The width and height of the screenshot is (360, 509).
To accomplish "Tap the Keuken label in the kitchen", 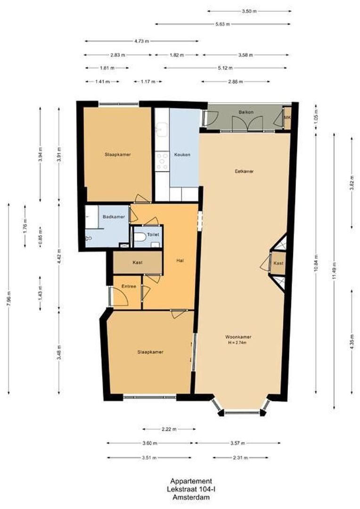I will tap(182, 155).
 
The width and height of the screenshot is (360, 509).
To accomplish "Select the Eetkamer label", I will tap(244, 172).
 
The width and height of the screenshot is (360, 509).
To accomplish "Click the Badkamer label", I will tap(114, 217).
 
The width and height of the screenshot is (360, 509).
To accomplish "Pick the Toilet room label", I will tap(153, 234).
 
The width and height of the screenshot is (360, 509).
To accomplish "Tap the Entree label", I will tap(129, 286).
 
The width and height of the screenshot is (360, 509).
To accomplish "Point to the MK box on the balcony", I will tap(287, 118).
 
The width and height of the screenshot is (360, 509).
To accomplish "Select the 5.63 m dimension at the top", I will tap(222, 24).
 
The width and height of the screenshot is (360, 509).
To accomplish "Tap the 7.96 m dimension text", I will tap(8, 299).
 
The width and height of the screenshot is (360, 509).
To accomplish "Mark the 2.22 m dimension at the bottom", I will tap(169, 429).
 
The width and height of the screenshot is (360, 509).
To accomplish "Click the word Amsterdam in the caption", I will tap(191, 497).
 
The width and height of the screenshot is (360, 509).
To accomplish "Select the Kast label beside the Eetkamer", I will tap(278, 263).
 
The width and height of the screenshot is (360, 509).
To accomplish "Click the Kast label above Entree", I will tap(137, 263).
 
